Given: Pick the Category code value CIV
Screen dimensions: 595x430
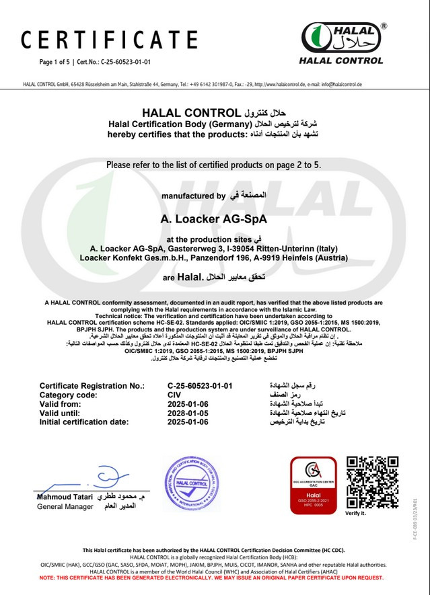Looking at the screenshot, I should pos(174,395).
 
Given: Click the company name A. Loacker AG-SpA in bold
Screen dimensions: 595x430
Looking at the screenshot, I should pos(214,219).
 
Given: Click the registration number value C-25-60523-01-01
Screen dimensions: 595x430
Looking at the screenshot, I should pos(200,386).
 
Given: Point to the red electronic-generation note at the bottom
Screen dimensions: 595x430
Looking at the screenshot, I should pos(215,578).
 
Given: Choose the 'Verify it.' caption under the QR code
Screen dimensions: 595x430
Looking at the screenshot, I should pos(355,513).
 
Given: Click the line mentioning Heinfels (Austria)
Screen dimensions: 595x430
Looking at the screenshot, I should pos(214,257).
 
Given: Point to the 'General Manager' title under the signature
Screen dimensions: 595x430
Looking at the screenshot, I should pos(65,506).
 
